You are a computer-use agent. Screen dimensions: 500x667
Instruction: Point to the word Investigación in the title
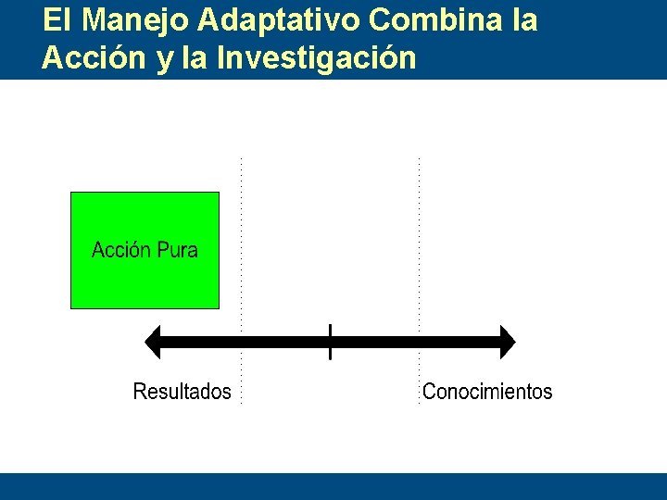[316, 58]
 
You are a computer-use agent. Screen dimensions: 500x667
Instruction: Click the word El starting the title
[54, 20]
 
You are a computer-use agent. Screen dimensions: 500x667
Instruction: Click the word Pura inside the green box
[177, 250]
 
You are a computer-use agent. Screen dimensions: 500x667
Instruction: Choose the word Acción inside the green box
[121, 250]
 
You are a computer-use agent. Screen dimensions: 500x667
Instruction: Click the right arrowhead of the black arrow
[506, 342]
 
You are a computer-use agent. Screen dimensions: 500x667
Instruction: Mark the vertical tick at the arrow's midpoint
[330, 342]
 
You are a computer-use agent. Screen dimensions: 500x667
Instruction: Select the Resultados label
[182, 392]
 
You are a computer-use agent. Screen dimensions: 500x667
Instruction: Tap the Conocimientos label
[487, 392]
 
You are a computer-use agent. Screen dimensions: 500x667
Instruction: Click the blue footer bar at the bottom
[333, 486]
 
